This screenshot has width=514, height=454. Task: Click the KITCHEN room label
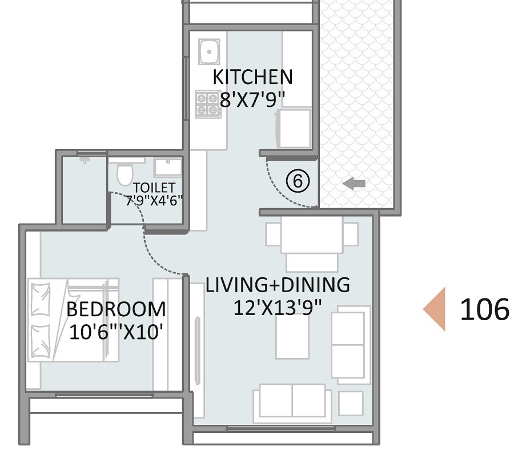click(252, 77)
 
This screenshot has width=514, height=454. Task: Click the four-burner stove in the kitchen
click(208, 104)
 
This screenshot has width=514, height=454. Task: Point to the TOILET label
click(154, 188)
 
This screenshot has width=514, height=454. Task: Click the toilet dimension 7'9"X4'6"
click(154, 200)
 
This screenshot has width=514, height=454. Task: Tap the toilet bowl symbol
click(123, 174)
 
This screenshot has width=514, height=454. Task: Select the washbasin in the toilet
click(168, 167)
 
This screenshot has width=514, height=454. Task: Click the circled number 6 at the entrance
click(297, 181)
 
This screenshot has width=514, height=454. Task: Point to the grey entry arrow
click(354, 184)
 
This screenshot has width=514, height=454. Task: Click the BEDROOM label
click(116, 309)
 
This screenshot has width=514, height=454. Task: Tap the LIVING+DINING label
click(278, 285)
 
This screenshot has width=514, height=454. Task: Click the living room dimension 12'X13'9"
click(278, 307)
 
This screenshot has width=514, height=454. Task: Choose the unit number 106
click(484, 309)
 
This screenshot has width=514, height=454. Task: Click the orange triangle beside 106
click(435, 309)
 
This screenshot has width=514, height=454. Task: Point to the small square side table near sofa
click(350, 403)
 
